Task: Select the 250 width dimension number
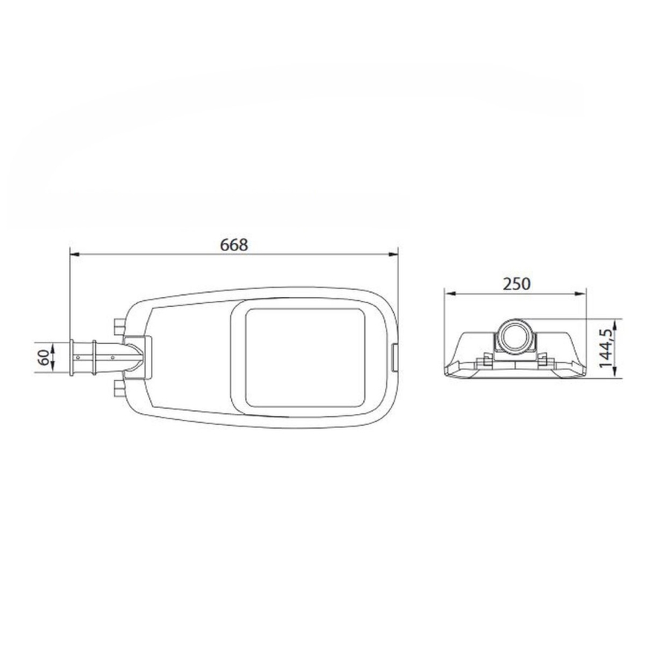pyautogui.click(x=515, y=283)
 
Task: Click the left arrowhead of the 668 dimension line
pyautogui.click(x=74, y=255)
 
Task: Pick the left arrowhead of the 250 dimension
pyautogui.click(x=448, y=293)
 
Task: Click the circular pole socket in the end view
pyautogui.click(x=514, y=338)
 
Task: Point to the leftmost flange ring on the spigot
pyautogui.click(x=72, y=357)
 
